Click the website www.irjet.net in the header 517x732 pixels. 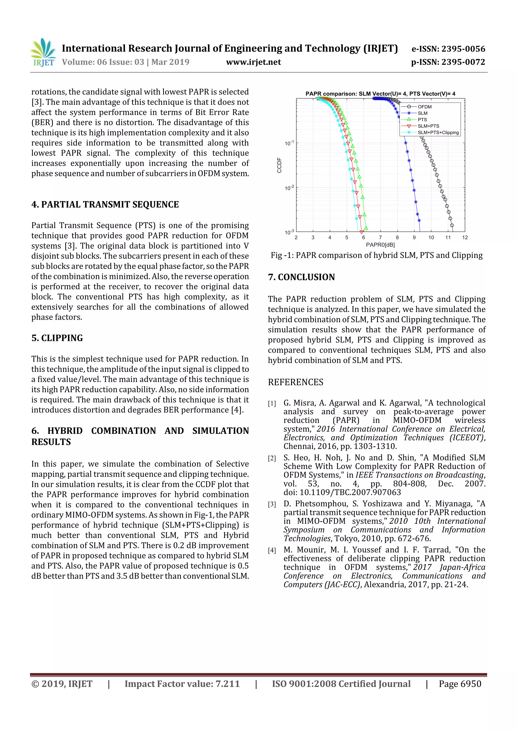(253, 62)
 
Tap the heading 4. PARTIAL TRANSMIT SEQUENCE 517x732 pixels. (105, 204)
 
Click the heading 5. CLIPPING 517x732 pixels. (57, 338)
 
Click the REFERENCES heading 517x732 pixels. (295, 382)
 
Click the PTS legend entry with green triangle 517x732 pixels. (422, 120)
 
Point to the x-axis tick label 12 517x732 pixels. (465, 238)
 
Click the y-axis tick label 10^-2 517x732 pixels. (289, 188)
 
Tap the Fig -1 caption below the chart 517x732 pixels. (377, 255)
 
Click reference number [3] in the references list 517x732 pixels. (272, 504)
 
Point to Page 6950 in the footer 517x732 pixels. (460, 684)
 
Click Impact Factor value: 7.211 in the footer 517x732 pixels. (182, 684)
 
